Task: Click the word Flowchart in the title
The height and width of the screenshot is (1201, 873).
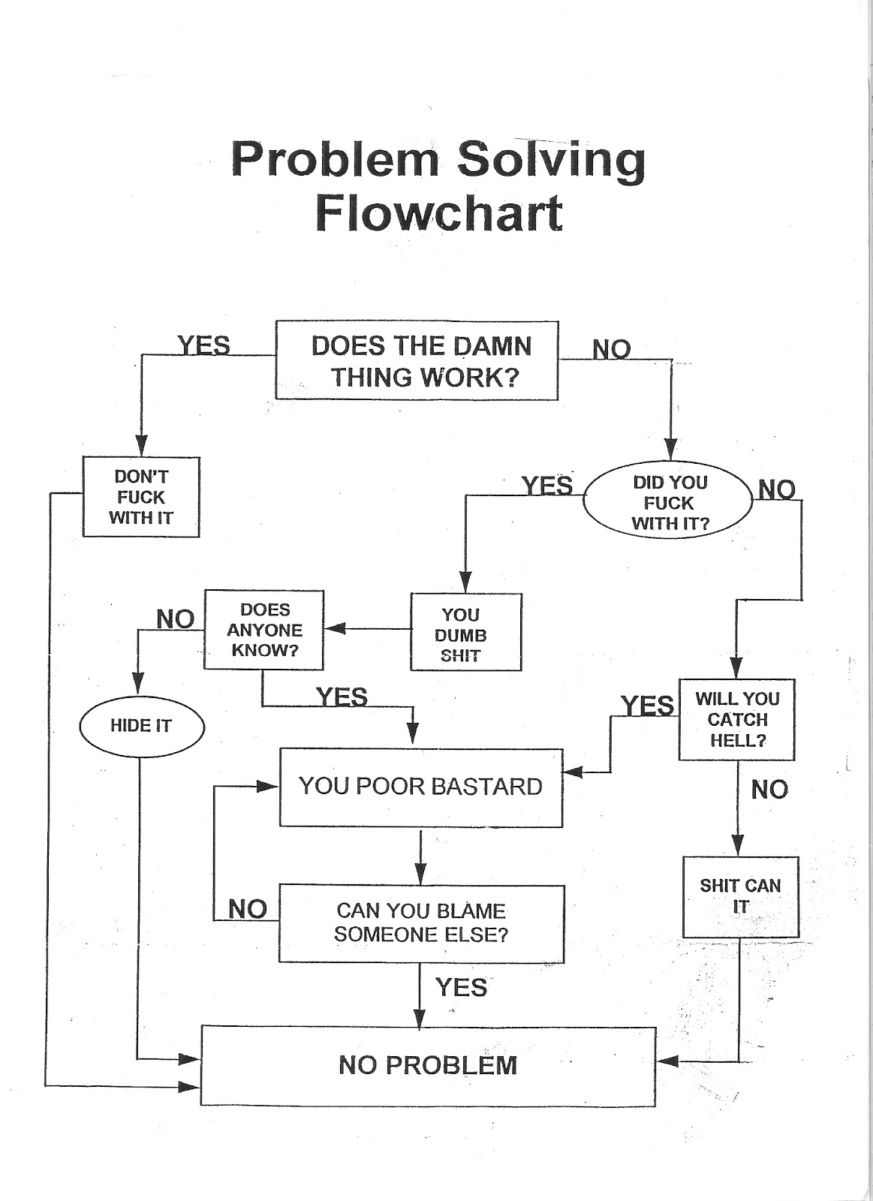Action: tap(438, 213)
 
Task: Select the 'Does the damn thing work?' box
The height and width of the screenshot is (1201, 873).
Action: tap(417, 361)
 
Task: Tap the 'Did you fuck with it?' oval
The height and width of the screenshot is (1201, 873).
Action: tap(668, 502)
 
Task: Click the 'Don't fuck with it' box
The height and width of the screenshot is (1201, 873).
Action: tap(141, 497)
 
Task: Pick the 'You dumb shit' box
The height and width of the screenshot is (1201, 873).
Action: tap(465, 633)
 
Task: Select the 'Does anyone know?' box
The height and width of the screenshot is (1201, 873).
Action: tap(264, 630)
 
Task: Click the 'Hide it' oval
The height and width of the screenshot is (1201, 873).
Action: tap(141, 726)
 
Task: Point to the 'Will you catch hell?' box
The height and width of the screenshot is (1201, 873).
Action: tap(736, 719)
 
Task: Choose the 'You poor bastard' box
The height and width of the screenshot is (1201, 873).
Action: tap(420, 787)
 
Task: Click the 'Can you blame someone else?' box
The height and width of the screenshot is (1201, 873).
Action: tap(421, 923)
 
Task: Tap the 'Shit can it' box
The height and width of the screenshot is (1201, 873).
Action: tap(740, 896)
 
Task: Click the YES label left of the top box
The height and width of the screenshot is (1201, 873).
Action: tap(204, 346)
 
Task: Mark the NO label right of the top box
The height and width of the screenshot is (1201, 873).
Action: tap(612, 349)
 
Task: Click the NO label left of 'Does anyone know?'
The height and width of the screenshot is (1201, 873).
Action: tap(176, 619)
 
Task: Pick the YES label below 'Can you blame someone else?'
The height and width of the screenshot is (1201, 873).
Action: tap(461, 987)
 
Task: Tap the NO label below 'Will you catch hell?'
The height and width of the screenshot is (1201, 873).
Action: tap(769, 790)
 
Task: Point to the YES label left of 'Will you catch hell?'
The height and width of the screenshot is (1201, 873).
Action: tap(647, 706)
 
